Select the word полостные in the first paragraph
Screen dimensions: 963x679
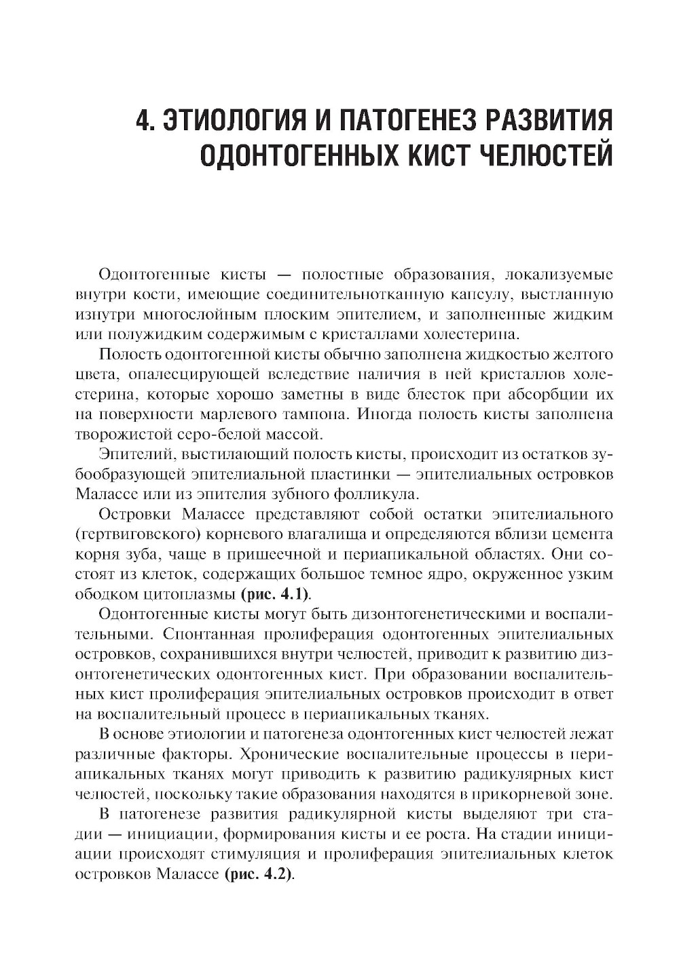click(338, 275)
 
